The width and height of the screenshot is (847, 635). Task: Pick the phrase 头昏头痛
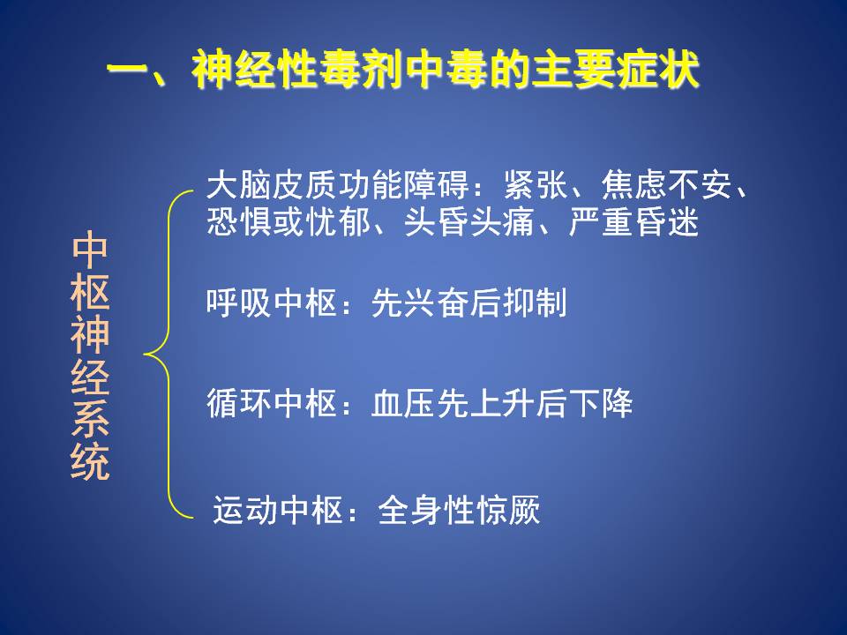point(469,222)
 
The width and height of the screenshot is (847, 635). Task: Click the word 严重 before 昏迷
point(601,222)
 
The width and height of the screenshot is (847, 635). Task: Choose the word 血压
point(403,403)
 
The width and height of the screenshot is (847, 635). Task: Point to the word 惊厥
point(508,510)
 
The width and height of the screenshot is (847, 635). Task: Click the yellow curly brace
point(169,355)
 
